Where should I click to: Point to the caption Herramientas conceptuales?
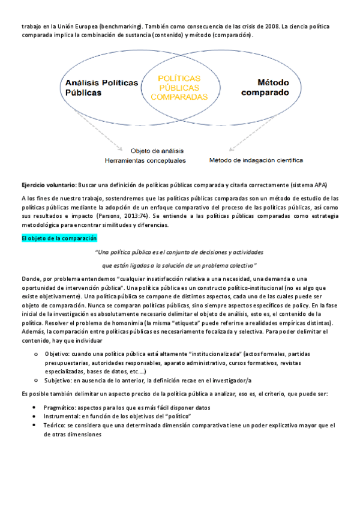[x=145, y=160]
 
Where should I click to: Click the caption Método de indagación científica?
[x=256, y=160]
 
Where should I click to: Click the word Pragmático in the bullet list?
[x=62, y=407]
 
